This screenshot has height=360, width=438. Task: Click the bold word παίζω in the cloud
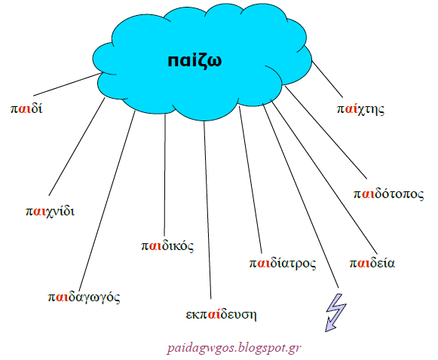[194, 61]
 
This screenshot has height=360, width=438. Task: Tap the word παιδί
[26, 108]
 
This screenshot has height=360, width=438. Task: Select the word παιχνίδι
[50, 211]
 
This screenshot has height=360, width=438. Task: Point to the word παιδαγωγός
[84, 297]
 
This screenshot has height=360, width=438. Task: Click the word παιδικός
[167, 246]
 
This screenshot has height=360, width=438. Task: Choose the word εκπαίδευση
[221, 315]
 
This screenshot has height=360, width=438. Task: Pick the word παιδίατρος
[283, 263]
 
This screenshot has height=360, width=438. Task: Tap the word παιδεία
[372, 263]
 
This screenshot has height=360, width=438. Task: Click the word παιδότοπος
[388, 194]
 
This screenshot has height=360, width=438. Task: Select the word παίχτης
[360, 109]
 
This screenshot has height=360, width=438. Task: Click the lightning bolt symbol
[335, 313]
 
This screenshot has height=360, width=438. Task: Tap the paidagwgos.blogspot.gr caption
[234, 348]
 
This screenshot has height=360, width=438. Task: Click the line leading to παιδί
[67, 84]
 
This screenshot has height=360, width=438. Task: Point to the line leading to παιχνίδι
[77, 147]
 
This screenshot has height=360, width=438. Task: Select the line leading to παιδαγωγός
[107, 200]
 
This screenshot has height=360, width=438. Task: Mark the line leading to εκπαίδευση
[207, 210]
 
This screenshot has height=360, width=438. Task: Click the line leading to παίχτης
[327, 79]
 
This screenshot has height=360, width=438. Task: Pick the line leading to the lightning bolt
[301, 196]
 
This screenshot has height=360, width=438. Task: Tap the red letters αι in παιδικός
[155, 246]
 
